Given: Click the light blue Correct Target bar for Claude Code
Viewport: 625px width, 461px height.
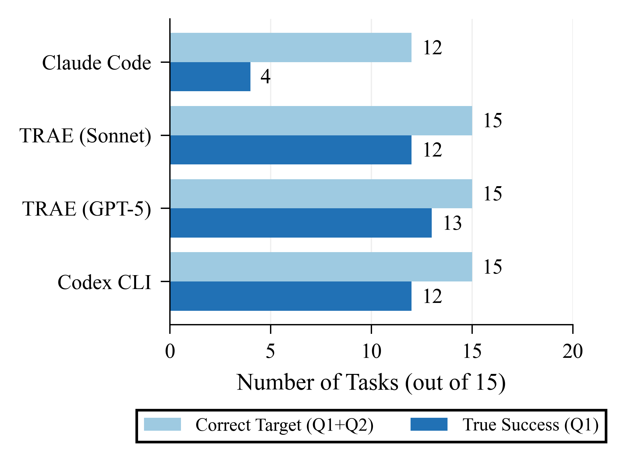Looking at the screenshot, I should [x=291, y=47].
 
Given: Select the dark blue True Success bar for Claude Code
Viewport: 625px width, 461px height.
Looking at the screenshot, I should [x=210, y=77].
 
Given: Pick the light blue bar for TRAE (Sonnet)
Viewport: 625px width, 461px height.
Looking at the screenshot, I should [x=321, y=121].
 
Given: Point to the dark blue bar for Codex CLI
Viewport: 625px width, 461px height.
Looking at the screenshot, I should [x=291, y=296].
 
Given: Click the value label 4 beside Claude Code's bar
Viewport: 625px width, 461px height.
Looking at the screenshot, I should [x=265, y=77].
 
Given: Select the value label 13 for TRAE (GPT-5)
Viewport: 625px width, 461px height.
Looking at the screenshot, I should [x=452, y=223].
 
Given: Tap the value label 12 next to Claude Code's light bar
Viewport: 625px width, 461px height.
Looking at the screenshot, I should [x=432, y=48].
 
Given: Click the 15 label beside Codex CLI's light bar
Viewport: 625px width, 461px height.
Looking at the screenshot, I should [x=492, y=267].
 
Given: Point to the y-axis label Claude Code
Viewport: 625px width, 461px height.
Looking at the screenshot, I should [x=97, y=62].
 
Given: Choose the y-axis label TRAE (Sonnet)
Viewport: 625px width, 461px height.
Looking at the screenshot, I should [x=85, y=136].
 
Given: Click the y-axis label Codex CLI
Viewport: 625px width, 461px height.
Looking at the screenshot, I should [x=104, y=282].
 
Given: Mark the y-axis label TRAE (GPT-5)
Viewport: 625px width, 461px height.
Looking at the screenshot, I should [x=87, y=209].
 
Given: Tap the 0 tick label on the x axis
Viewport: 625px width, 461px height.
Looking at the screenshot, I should [x=170, y=351].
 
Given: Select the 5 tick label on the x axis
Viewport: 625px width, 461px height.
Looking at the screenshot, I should [x=270, y=351].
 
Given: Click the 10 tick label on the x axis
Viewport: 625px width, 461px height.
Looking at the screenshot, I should [x=371, y=351].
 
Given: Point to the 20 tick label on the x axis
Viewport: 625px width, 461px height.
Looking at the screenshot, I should [x=572, y=351].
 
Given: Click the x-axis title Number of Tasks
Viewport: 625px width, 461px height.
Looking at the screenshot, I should [x=371, y=382].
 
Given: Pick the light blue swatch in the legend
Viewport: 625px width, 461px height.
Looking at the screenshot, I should [x=162, y=424].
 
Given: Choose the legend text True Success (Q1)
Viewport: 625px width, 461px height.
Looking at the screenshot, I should [x=531, y=425].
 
